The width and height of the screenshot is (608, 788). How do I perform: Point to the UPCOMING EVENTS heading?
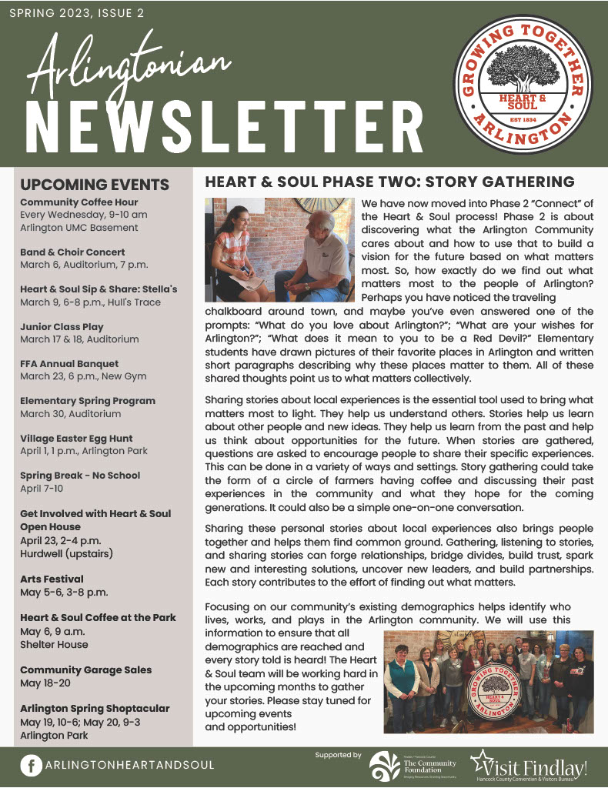95,185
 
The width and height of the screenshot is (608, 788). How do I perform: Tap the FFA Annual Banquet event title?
69,363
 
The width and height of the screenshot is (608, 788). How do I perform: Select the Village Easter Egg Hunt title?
76,438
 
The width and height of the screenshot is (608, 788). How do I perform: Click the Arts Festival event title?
52,579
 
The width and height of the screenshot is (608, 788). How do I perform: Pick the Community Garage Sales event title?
86,669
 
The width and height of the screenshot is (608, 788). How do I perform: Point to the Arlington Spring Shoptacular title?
95,708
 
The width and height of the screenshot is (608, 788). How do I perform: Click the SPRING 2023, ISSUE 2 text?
76,14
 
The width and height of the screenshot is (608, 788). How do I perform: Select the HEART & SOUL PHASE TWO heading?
389,182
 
